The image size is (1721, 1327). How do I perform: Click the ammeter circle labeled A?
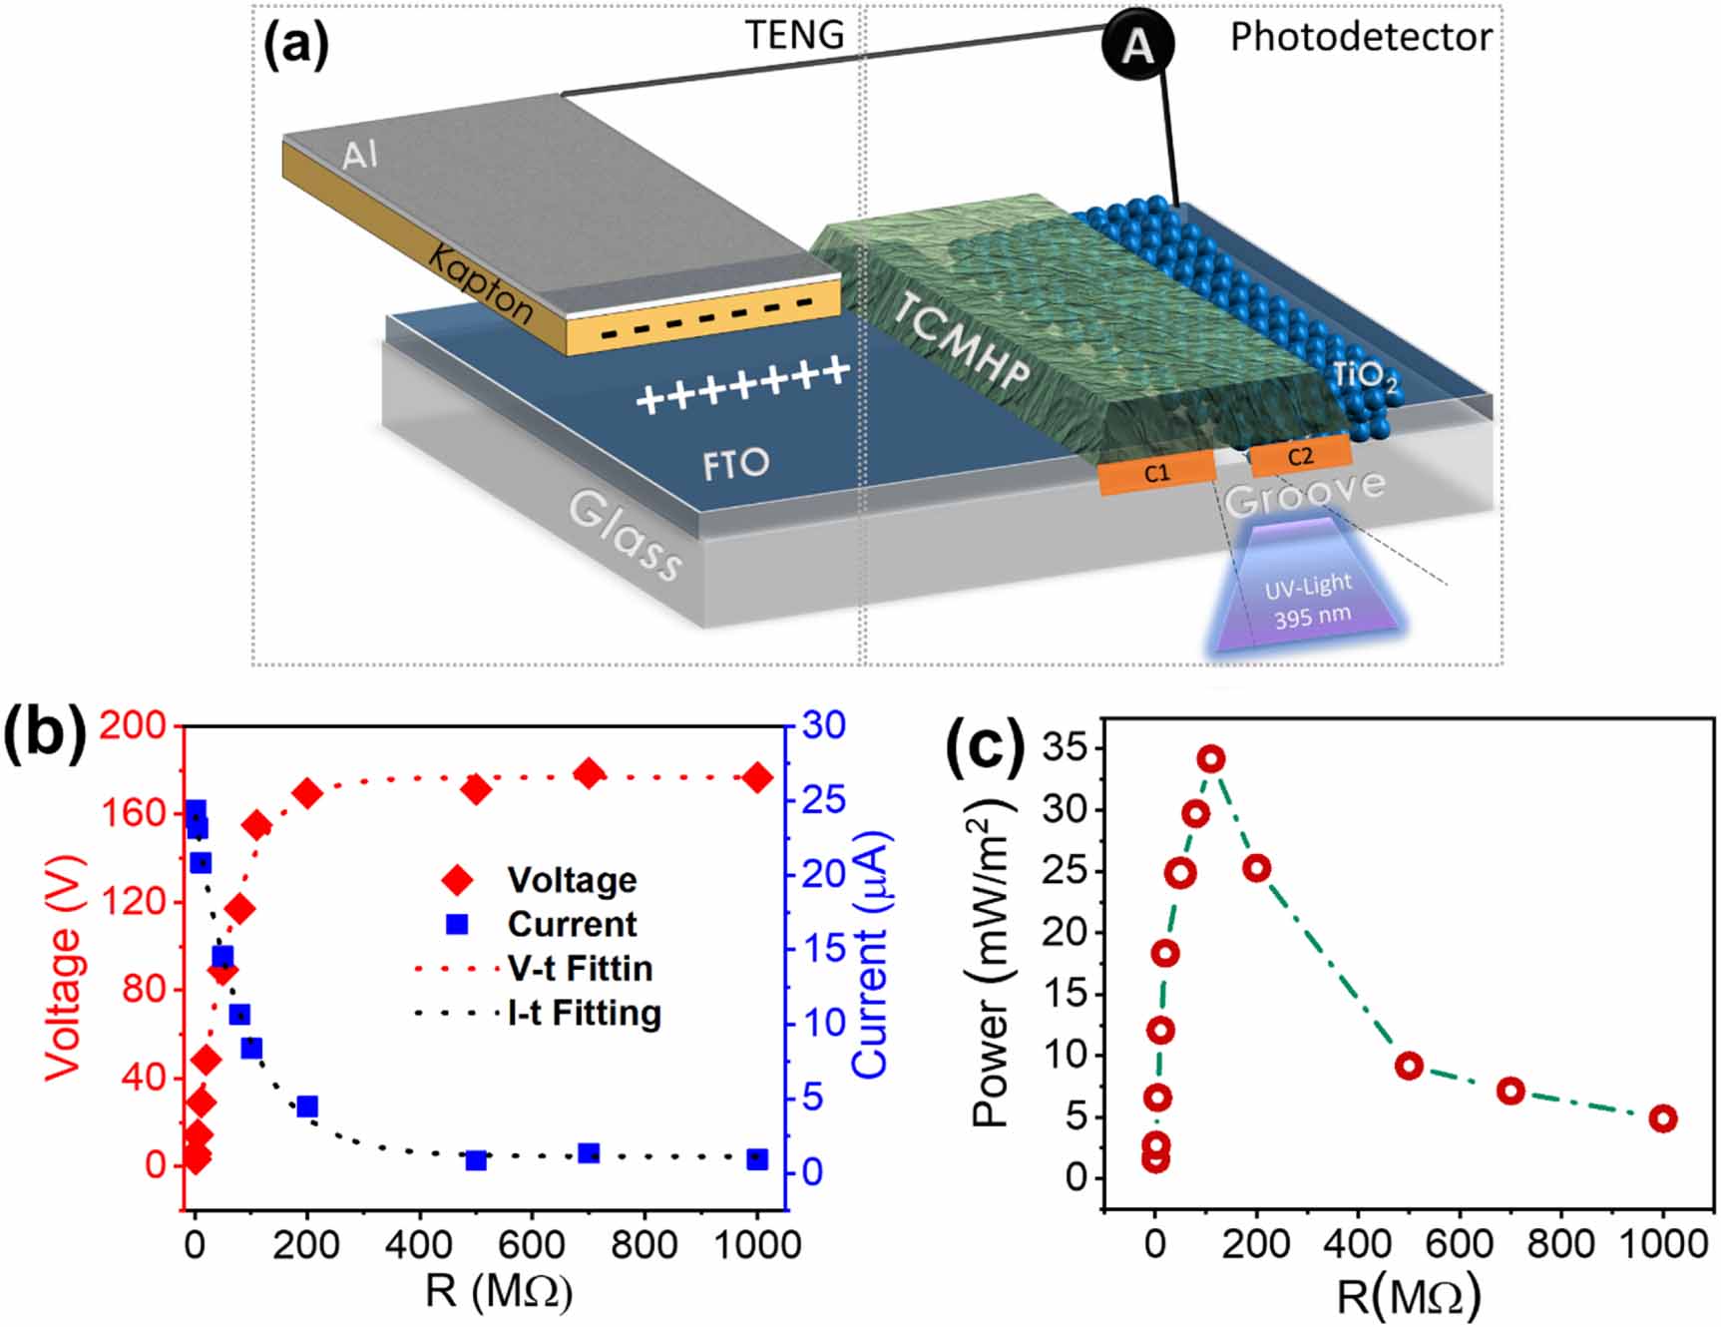[1137, 46]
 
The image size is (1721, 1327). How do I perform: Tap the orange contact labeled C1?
[1156, 474]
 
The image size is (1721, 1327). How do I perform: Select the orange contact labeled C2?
[1300, 457]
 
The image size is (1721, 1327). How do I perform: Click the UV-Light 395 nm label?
[1310, 601]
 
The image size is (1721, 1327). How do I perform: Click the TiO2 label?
[1364, 376]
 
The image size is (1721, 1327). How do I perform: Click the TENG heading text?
[794, 36]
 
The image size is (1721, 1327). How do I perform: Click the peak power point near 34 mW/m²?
[1211, 759]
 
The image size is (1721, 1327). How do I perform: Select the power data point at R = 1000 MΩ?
[1662, 1118]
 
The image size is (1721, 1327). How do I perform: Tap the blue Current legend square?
[457, 924]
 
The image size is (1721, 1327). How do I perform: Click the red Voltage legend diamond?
[457, 879]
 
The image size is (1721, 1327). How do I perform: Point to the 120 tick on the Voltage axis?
[141, 902]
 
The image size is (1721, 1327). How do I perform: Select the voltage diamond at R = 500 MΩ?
[477, 789]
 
